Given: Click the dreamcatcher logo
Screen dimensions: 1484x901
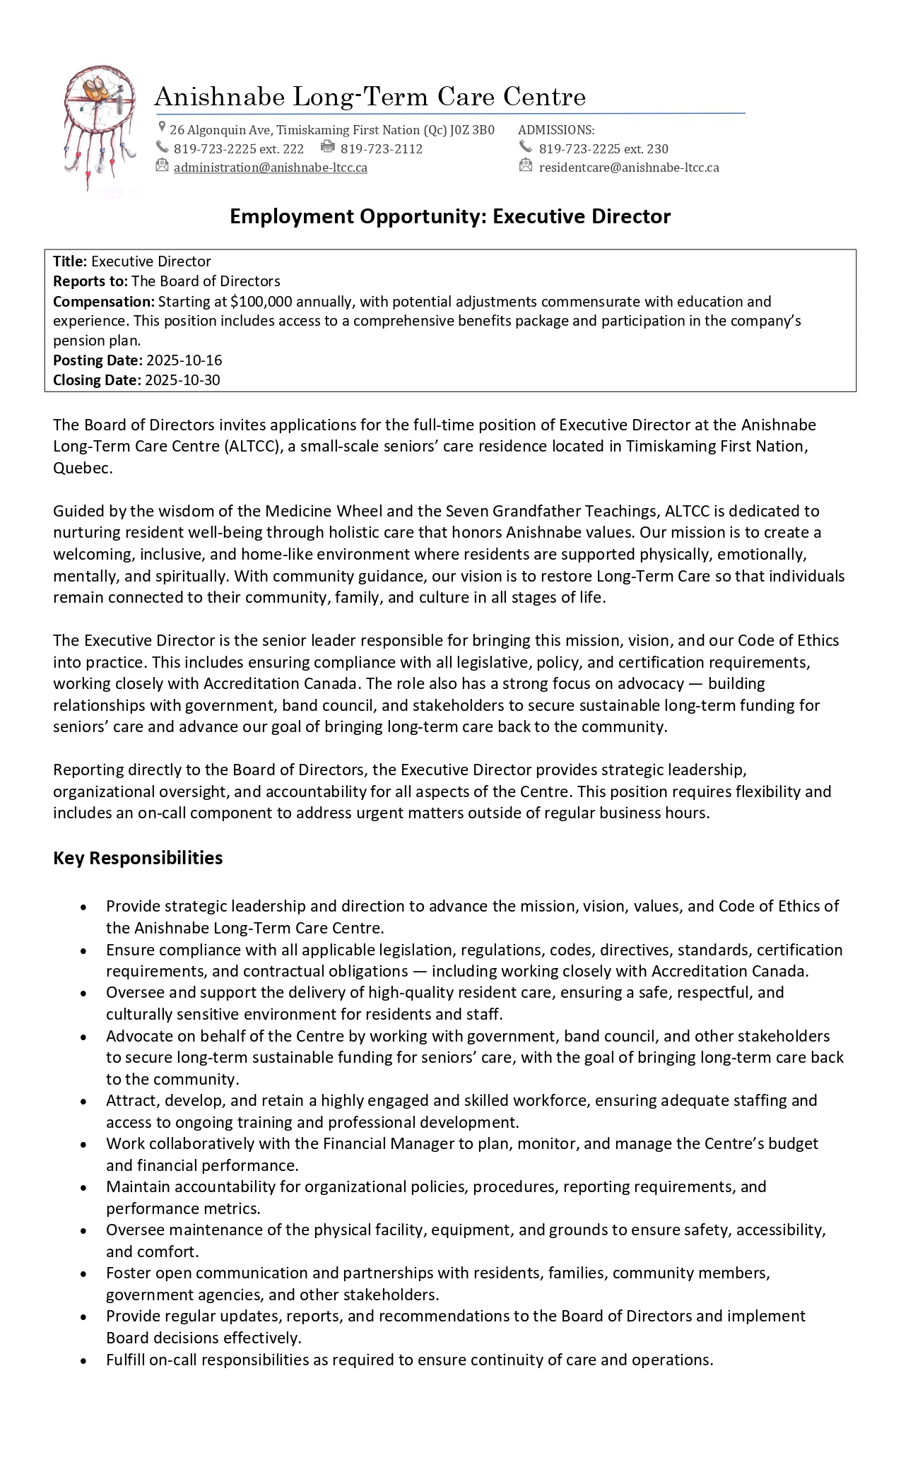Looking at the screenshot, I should click(99, 127).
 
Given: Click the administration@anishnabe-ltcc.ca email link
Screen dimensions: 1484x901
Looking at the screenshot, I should click(270, 167).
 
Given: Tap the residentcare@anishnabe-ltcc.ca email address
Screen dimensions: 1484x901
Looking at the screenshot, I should click(628, 167).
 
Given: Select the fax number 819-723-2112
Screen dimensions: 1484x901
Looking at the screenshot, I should click(381, 149).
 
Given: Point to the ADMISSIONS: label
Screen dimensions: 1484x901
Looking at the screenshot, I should click(556, 130).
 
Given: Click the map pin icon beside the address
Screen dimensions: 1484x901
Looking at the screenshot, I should click(163, 128).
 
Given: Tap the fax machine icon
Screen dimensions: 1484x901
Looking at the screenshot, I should click(327, 147).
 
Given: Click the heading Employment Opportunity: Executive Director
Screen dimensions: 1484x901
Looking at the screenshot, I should click(450, 216).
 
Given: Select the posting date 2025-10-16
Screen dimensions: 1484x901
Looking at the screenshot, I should click(184, 360).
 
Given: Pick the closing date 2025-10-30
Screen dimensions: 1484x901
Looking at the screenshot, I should click(182, 380).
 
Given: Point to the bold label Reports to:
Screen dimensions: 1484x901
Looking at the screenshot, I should click(90, 281).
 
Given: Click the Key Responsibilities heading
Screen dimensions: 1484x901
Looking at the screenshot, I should click(138, 858).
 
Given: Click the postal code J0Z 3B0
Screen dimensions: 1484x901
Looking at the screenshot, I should click(472, 130).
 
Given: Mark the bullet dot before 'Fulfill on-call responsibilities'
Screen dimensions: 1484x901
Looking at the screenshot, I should click(84, 1360).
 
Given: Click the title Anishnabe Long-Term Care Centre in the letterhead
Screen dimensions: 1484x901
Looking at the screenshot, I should click(370, 97).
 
